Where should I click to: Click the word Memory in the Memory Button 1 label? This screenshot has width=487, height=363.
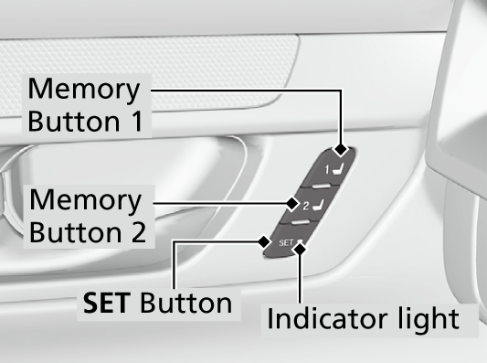pos(84,91)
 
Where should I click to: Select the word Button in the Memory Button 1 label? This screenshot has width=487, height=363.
pos(74,121)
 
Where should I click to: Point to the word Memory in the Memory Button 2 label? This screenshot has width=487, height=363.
pos(86,201)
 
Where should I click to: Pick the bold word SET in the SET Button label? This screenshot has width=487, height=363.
pos(107,303)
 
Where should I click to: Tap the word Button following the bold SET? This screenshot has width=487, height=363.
pos(186,302)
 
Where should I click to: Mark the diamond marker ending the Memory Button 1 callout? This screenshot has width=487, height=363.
pos(341,149)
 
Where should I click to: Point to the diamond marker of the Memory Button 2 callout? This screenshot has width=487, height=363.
pos(292,204)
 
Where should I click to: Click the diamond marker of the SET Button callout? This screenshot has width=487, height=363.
pos(264,241)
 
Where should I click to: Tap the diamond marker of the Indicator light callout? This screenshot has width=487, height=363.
pos(300,249)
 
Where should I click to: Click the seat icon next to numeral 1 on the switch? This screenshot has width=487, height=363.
pos(338,169)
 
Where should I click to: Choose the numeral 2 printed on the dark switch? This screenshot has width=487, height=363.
pos(306,206)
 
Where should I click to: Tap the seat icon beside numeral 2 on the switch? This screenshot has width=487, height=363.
pos(318,205)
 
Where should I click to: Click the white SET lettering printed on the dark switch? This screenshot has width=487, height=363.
pos(286,242)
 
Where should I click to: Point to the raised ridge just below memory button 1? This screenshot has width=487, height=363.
pos(321,186)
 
